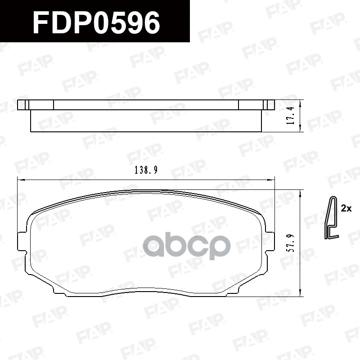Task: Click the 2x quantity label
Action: (x=346, y=208)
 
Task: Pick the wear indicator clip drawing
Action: (x=332, y=218)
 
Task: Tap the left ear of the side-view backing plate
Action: (x=23, y=105)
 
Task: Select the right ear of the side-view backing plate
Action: (x=269, y=105)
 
